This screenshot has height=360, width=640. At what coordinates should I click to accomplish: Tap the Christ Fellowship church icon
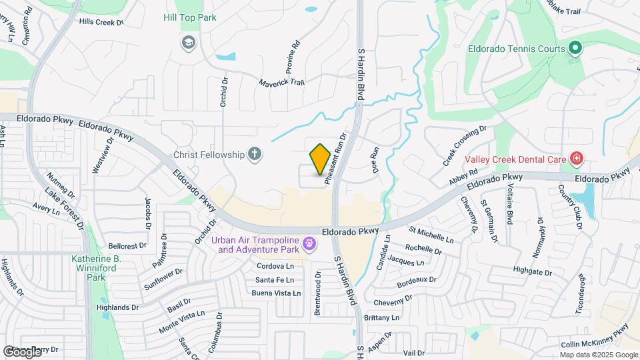tap(254, 155)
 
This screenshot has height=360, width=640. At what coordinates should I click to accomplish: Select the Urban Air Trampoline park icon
tap(309, 245)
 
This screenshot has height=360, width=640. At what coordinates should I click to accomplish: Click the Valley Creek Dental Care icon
tap(577, 159)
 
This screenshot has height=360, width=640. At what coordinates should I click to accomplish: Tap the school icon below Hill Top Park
tap(189, 43)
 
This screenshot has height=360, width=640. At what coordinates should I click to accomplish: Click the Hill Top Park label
tap(190, 18)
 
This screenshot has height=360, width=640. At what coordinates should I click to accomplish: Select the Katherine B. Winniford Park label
tap(97, 267)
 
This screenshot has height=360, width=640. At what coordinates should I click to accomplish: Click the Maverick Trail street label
tap(281, 81)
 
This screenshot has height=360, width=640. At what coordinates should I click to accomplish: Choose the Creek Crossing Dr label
tap(465, 146)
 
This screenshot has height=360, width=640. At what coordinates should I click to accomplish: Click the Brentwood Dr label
tap(318, 293)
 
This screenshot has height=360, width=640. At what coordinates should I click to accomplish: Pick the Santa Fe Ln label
tap(275, 279)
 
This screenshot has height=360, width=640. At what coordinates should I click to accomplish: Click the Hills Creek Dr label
tap(101, 22)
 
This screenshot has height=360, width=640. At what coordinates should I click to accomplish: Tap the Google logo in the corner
tap(22, 351)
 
